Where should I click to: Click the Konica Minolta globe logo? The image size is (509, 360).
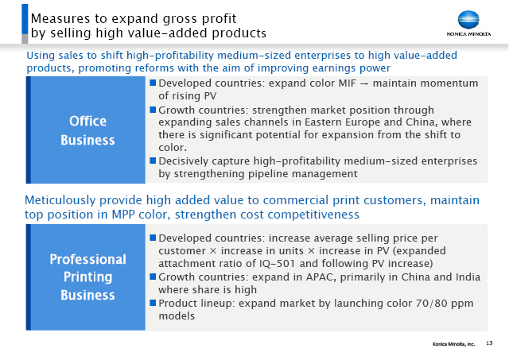coord(468,20)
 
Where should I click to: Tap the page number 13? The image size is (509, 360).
coord(489,343)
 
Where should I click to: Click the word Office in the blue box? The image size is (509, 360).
coord(87,122)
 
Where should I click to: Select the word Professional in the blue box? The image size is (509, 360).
coord(87,259)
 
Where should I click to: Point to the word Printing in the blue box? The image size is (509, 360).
coord(87,277)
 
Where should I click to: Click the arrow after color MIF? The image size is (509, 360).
coord(364,83)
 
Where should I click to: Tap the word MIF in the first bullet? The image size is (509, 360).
coord(348,83)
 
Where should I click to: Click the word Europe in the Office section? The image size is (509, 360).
coord(360,122)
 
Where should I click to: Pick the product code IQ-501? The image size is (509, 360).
coord(277,263)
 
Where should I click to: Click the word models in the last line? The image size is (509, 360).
coord(177,315)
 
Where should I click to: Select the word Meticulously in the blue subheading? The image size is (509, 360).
coord(60,200)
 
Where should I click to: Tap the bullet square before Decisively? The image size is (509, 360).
coord(153,161)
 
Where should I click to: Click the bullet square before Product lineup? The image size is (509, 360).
coord(153,303)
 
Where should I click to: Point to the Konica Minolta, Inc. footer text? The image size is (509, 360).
coord(453,344)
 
